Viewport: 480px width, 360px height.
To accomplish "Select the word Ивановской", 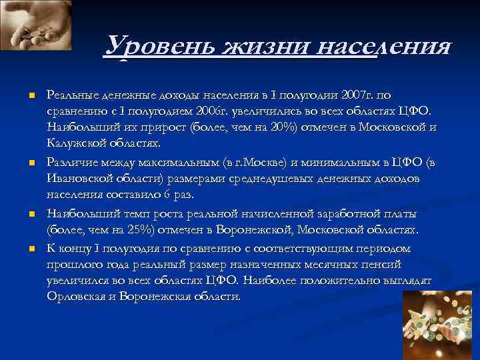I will point(78,179).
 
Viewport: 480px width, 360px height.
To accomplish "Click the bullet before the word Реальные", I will point(31,96).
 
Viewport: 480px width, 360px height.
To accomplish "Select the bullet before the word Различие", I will point(31,163).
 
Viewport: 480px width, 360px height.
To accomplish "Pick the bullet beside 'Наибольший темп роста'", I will point(31,215).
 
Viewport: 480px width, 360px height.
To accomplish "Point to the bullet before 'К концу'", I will point(31,249).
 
